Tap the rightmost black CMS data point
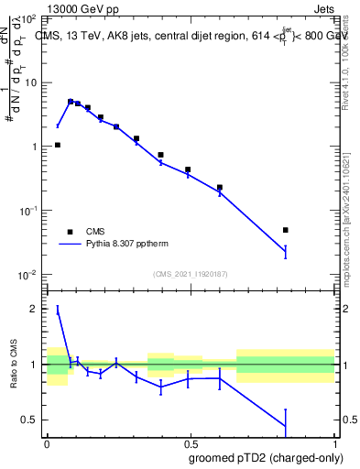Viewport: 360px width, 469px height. (x=286, y=230)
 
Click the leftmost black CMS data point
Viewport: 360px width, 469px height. (x=58, y=145)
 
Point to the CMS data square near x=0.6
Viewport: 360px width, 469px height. (x=220, y=187)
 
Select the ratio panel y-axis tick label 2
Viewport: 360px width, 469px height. (x=34, y=309)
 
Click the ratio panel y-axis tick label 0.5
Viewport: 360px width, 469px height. (x=29, y=420)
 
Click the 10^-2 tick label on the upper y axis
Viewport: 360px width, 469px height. (x=28, y=275)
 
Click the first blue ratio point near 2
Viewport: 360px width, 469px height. (x=58, y=310)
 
